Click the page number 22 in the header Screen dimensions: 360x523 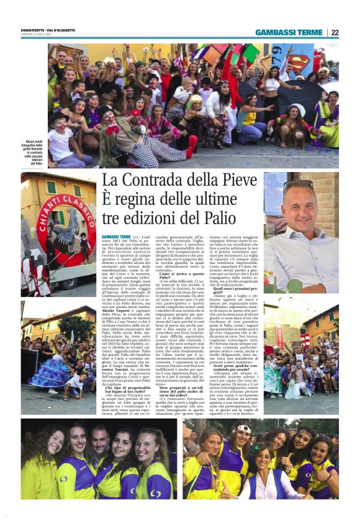click(335, 32)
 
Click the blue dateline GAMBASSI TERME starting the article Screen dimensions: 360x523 click(116, 237)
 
